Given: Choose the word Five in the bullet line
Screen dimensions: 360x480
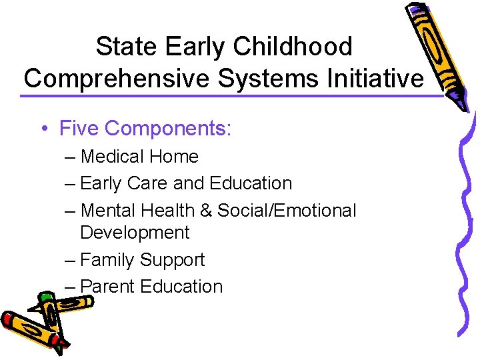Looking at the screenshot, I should click(79, 127).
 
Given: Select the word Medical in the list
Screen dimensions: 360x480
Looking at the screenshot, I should click(111, 157).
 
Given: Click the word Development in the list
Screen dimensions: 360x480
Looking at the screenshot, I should click(135, 233).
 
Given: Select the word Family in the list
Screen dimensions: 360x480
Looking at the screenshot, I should click(109, 260).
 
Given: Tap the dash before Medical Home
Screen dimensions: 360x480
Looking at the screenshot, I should click(70, 157).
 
